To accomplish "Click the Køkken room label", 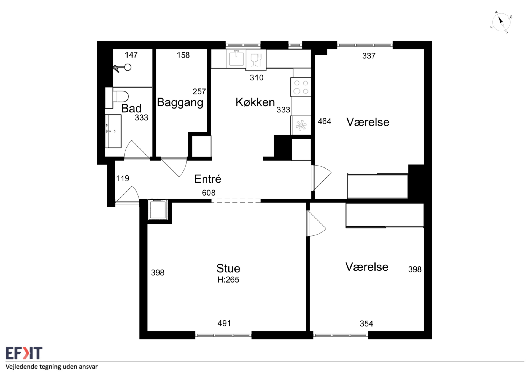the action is pos(255,102).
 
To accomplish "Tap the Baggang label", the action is pos(180,103).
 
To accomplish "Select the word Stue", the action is pos(228,268).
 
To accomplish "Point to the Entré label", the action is pos(208,179).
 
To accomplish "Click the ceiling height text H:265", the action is pos(228,280).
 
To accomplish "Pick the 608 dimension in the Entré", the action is pos(209,193).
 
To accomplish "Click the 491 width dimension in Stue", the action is pos(224,323).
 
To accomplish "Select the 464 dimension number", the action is pos(324,121).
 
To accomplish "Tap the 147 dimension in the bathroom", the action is pos(131,55).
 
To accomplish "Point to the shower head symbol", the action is pos(123,67).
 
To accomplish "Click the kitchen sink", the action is pos(236,58).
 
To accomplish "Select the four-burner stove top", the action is pos(301,87).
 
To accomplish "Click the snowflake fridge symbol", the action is pos(301,126).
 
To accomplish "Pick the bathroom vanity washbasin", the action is pos(113,131).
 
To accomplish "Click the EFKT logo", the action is pos(24,353).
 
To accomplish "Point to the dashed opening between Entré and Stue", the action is pos(236,201).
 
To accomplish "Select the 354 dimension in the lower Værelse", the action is pos(366,324).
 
